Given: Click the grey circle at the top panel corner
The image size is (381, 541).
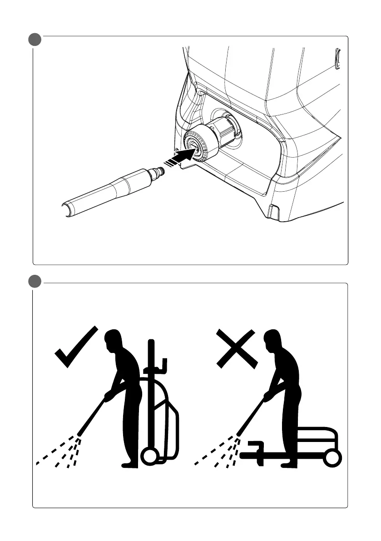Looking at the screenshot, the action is (34, 39).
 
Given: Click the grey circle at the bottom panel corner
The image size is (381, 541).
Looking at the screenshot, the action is (34, 281).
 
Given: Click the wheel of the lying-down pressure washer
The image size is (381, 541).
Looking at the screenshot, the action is (333, 457).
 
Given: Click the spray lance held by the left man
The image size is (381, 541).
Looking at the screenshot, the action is (93, 416).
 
